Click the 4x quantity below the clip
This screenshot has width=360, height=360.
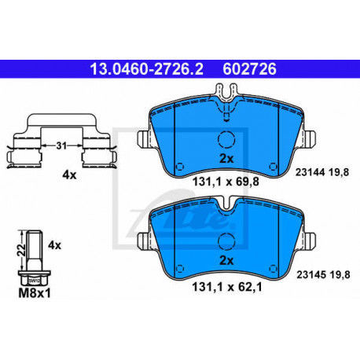(68, 175)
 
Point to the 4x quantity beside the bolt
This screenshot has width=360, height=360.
(54, 245)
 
